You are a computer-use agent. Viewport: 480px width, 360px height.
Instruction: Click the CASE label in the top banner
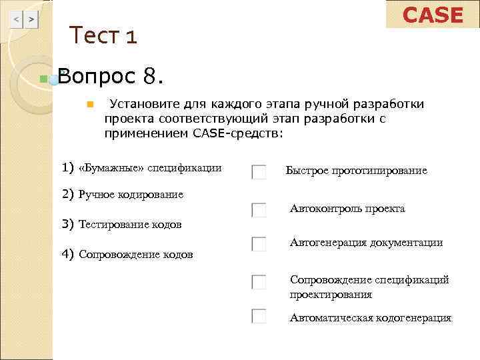point(433,15)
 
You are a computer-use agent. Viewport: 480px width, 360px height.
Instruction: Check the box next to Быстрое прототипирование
point(259,172)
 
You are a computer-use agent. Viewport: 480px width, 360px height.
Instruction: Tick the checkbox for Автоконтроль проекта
point(259,210)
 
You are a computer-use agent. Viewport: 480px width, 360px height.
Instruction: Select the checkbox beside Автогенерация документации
point(259,244)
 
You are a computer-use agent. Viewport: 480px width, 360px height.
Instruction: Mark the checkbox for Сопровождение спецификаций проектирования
point(259,281)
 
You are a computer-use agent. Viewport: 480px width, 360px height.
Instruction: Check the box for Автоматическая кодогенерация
point(259,316)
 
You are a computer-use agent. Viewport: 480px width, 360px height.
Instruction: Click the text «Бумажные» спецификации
point(150,168)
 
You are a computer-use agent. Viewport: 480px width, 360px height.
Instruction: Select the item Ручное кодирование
point(131,195)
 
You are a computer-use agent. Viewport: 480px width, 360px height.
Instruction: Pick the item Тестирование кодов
point(130,225)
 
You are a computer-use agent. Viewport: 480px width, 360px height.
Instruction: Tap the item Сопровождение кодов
point(136,254)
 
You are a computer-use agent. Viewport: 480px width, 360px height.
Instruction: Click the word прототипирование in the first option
point(385,171)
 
